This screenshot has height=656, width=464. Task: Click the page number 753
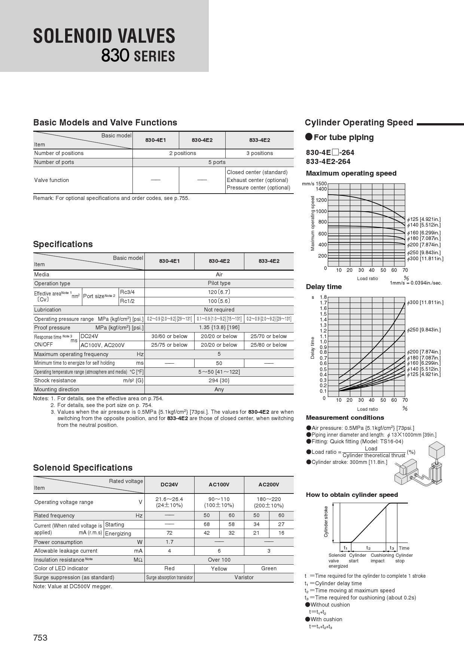[x=40, y=638]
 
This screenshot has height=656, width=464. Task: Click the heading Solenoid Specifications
[x=83, y=468]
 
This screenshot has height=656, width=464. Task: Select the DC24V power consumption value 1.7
[x=170, y=542]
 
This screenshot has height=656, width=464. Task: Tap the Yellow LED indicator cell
[x=219, y=568]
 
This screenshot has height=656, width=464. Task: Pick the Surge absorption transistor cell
[x=170, y=577]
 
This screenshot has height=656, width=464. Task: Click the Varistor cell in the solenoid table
[x=244, y=577]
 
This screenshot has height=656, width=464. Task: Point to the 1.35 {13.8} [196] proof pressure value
[x=219, y=327]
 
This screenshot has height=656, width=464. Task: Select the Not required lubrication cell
[x=219, y=310]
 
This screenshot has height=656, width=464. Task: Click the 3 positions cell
[x=260, y=153]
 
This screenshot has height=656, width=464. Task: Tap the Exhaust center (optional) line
[x=257, y=180]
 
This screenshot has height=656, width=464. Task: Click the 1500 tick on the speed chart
[x=321, y=183]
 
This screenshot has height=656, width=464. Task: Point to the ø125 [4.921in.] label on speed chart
[x=424, y=219]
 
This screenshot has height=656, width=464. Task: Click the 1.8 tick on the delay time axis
[x=323, y=297]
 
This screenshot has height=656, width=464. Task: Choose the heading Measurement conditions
[x=345, y=417]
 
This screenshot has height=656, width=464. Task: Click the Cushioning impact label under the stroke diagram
[x=382, y=558]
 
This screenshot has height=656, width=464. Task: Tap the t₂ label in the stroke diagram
[x=369, y=548]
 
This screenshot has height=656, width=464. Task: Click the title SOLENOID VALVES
[x=104, y=36]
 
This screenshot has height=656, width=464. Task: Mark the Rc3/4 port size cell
[x=127, y=292]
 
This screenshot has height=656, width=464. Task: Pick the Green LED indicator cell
[x=269, y=568]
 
